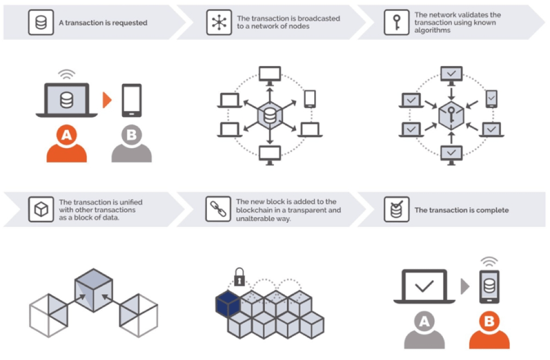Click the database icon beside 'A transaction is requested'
pos(41,23)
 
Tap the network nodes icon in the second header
pos(217,23)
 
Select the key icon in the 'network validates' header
pos(396,23)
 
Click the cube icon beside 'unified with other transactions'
pos(41,209)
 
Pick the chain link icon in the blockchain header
pos(217,209)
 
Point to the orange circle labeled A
pos(66,136)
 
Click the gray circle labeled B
pos(131,136)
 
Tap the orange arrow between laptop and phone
pos(108,101)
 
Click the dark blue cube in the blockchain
pos(227,303)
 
